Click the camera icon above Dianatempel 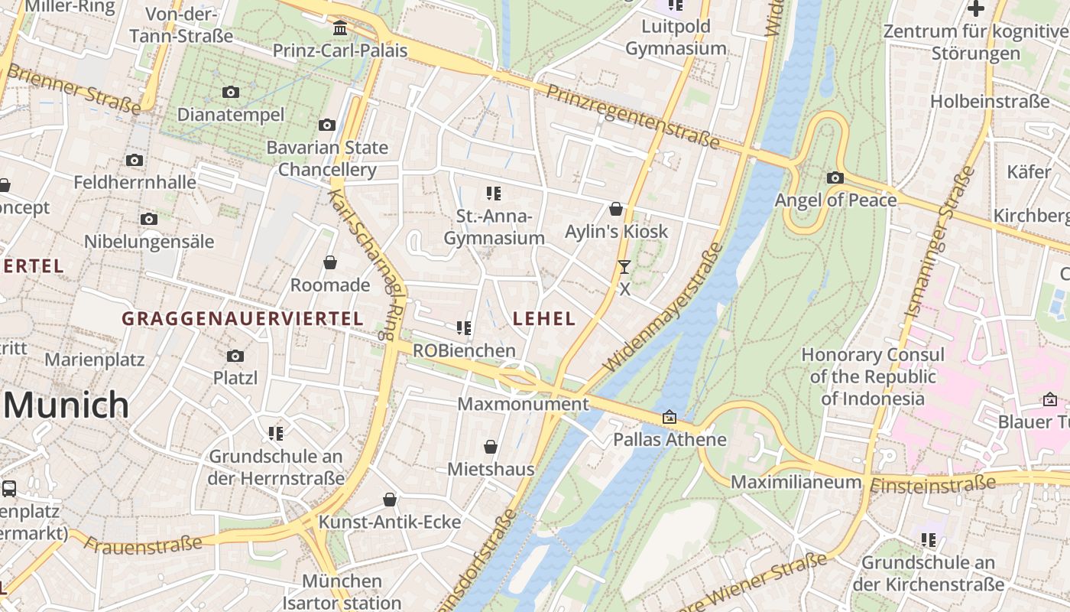pyautogui.click(x=230, y=93)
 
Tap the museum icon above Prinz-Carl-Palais pyautogui.click(x=340, y=28)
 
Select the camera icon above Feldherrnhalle pyautogui.click(x=135, y=160)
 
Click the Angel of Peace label pyautogui.click(x=835, y=200)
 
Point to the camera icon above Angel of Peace pyautogui.click(x=835, y=178)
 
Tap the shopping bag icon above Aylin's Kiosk pyautogui.click(x=616, y=209)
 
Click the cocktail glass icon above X pyautogui.click(x=624, y=267)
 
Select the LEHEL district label pyautogui.click(x=544, y=319)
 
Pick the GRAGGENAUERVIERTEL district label pyautogui.click(x=242, y=319)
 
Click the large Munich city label pyautogui.click(x=66, y=405)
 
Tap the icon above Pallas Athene pyautogui.click(x=670, y=417)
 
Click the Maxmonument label pyautogui.click(x=524, y=404)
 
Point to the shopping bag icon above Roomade pyautogui.click(x=330, y=262)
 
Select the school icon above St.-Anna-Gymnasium pyautogui.click(x=494, y=194)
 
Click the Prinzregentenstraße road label pyautogui.click(x=634, y=116)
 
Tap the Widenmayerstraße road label pyautogui.click(x=663, y=308)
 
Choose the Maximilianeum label pyautogui.click(x=796, y=482)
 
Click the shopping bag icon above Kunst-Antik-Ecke pyautogui.click(x=390, y=500)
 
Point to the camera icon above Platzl pyautogui.click(x=235, y=356)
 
